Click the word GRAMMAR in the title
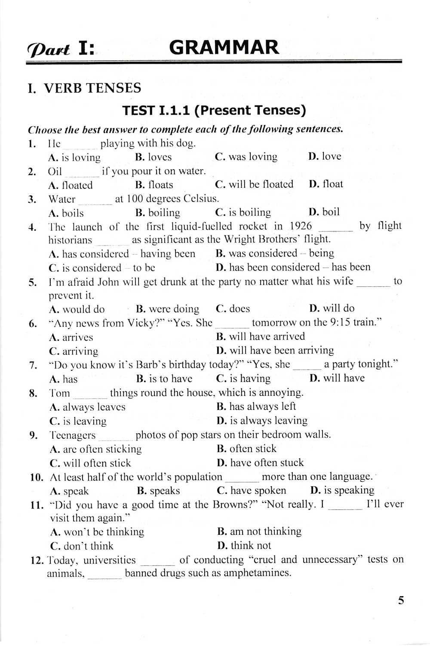tap(224, 47)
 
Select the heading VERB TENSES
tap(92, 88)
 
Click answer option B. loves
tap(154, 157)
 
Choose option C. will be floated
tap(254, 184)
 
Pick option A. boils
tap(67, 213)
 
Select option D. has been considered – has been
tap(293, 267)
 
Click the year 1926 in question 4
tap(301, 226)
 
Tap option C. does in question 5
tap(233, 309)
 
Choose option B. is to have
tap(164, 379)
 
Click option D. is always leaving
tap(262, 421)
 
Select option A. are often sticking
tap(96, 449)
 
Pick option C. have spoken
tap(252, 491)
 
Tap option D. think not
tap(244, 546)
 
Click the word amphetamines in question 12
tap(255, 573)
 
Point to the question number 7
tap(33, 366)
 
